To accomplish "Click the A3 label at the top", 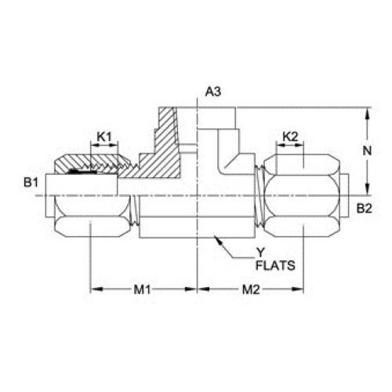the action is pyautogui.click(x=213, y=92).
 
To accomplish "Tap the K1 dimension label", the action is pyautogui.click(x=104, y=136).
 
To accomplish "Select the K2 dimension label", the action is pyautogui.click(x=290, y=136).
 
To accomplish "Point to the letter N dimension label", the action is pyautogui.click(x=367, y=151).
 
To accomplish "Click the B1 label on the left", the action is pyautogui.click(x=31, y=182).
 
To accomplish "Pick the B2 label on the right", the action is pyautogui.click(x=365, y=209).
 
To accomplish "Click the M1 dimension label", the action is pyautogui.click(x=143, y=289).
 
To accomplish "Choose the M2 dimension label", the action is pyautogui.click(x=251, y=289).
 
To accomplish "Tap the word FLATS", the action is pyautogui.click(x=275, y=266).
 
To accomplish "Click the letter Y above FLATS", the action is pyautogui.click(x=260, y=252).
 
